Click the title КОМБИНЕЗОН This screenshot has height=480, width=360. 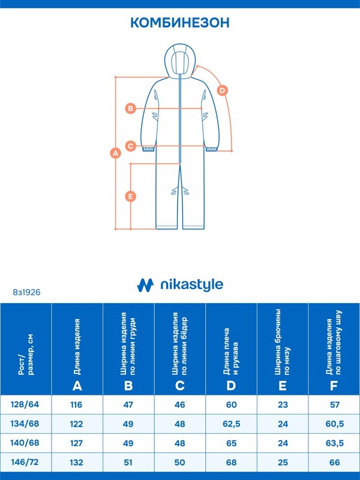(x=180, y=23)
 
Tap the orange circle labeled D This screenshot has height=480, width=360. (x=223, y=91)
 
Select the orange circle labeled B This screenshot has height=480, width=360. (x=131, y=109)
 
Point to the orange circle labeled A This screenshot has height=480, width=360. (x=115, y=153)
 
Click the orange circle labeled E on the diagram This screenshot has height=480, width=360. (x=131, y=196)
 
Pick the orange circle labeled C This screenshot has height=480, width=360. (x=131, y=146)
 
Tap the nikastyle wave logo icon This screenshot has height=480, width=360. (x=145, y=285)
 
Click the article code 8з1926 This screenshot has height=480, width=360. (x=26, y=292)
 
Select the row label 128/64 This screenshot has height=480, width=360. (x=25, y=404)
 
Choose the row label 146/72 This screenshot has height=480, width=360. (x=25, y=462)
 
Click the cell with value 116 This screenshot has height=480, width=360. (x=76, y=404)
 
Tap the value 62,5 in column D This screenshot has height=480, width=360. (x=232, y=424)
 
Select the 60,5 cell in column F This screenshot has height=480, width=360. (x=335, y=424)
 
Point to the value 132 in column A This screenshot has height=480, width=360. (x=76, y=462)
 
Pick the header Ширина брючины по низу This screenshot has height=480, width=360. (x=283, y=342)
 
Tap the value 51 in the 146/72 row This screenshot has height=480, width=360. (x=128, y=462)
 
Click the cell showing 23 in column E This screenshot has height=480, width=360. (x=283, y=404)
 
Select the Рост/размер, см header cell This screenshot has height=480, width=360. (x=26, y=349)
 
